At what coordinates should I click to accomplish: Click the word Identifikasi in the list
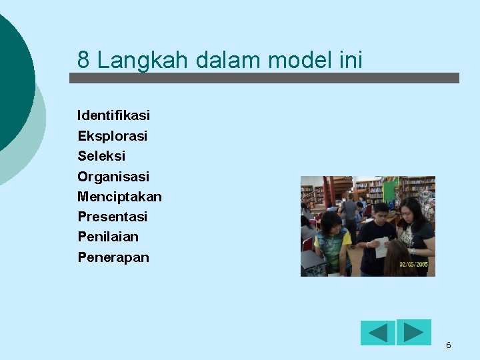(113, 115)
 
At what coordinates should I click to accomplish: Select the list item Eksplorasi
(112, 136)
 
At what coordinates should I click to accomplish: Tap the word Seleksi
(101, 156)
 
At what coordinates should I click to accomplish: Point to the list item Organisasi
(113, 177)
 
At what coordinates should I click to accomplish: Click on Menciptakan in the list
(119, 197)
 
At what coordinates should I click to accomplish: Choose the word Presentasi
(112, 217)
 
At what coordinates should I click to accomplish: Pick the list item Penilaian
(108, 237)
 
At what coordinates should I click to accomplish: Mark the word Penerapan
(113, 257)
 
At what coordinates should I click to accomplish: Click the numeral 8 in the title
(83, 60)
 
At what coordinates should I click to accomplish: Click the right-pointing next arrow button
(414, 332)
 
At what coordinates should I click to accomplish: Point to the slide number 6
(448, 345)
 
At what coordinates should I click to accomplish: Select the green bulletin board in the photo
(389, 188)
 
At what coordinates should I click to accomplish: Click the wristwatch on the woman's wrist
(413, 251)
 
